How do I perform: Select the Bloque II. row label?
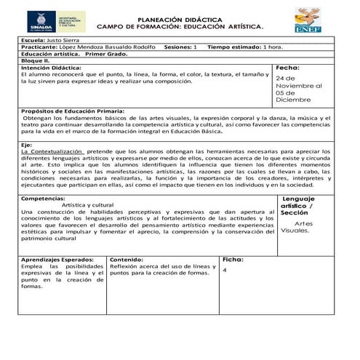[34, 61]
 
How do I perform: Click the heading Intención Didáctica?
[54, 68]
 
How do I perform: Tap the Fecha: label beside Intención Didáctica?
[288, 68]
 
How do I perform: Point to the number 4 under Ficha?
[226, 271]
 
